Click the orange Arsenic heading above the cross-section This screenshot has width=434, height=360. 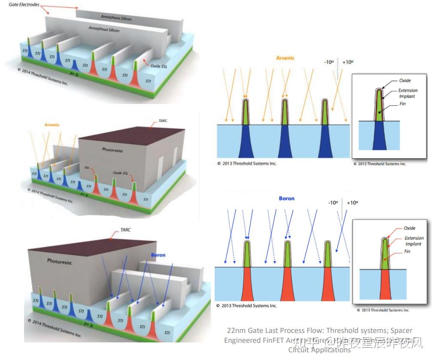click(x=285, y=58)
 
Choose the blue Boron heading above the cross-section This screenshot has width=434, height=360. click(x=287, y=198)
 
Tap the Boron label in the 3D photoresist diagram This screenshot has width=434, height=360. click(x=158, y=255)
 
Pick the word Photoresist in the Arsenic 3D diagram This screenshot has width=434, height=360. click(x=113, y=150)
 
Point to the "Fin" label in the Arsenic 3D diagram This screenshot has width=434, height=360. click(x=88, y=168)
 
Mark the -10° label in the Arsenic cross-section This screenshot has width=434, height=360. click(x=330, y=62)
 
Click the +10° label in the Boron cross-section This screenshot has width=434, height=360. click(x=352, y=203)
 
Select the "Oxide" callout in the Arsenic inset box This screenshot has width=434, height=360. click(x=405, y=80)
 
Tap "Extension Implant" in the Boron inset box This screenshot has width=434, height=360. click(x=414, y=241)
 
